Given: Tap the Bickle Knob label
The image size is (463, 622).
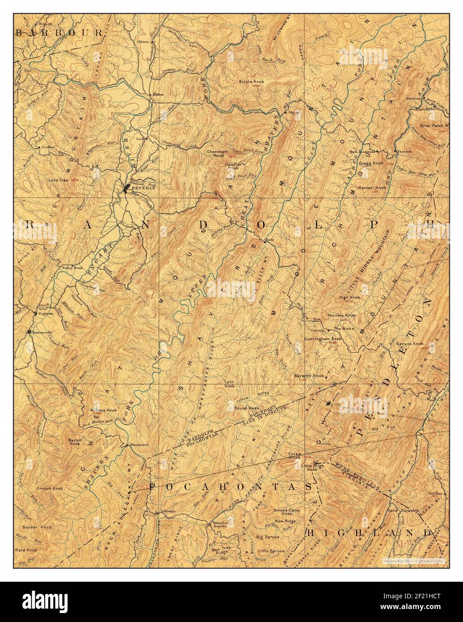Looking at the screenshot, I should click(x=252, y=82).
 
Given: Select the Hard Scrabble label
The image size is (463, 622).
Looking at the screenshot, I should click(x=403, y=510).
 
